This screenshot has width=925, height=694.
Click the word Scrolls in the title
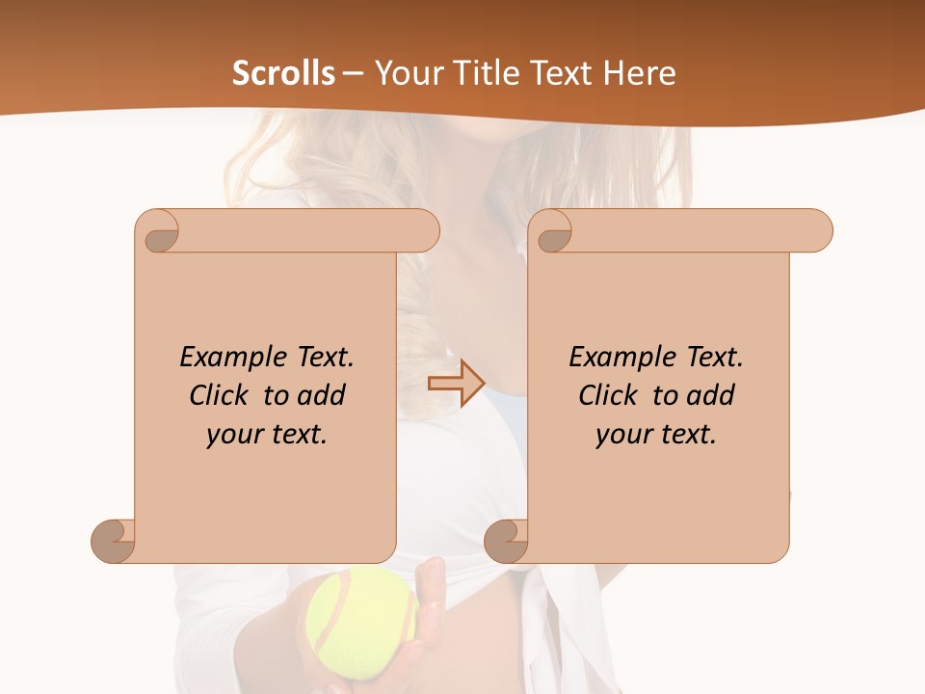284,73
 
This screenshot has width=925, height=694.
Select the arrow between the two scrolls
456,384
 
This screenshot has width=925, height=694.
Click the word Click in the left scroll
222,395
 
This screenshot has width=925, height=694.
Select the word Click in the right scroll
611,395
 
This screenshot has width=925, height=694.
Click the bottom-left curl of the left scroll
112,541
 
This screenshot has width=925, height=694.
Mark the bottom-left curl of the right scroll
505,541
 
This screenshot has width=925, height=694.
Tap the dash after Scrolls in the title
354,73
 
